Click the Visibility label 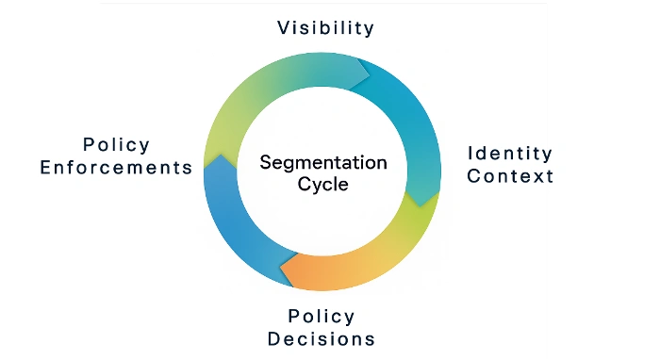325,27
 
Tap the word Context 510,176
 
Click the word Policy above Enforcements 116,144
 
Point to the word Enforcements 116,168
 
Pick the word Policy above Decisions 322,316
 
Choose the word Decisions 322,338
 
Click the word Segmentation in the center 323,162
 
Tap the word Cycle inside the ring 323,185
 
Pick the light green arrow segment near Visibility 255,94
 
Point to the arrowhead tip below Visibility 368,72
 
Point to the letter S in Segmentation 266,162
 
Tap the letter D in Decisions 274,338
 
